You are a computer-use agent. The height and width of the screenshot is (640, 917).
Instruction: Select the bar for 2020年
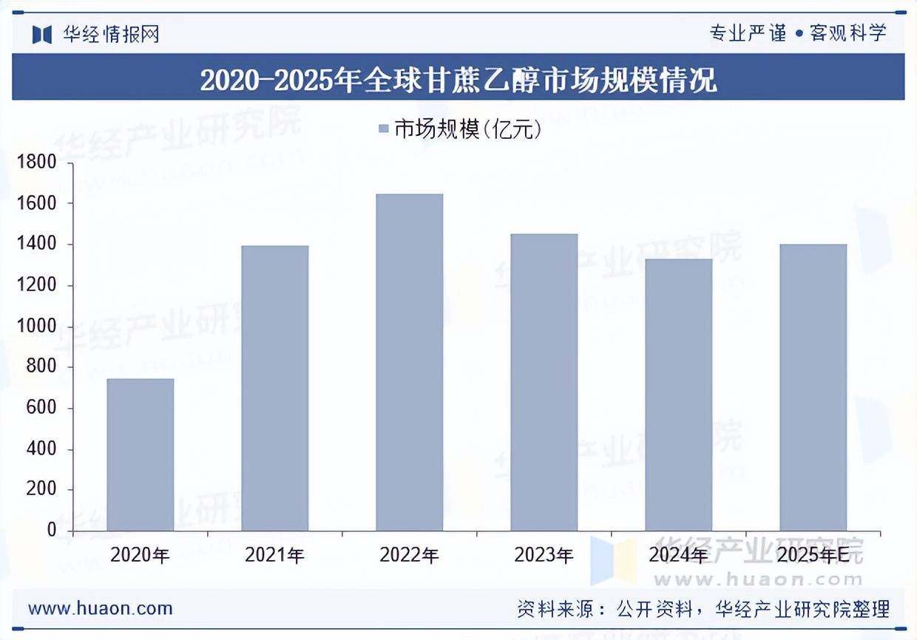click(x=141, y=455)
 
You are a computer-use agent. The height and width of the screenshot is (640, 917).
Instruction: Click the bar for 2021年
click(x=275, y=388)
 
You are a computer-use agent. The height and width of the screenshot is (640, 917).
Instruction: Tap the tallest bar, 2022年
click(x=410, y=362)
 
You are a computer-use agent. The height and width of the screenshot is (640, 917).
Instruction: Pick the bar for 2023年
click(x=544, y=382)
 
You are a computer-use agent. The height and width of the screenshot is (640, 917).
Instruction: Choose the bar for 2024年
click(x=679, y=395)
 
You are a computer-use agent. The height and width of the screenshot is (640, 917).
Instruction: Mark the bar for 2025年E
click(x=813, y=387)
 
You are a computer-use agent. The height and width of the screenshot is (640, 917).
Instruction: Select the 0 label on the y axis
click(x=52, y=531)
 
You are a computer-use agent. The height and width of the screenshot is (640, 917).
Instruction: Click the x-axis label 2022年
click(x=410, y=555)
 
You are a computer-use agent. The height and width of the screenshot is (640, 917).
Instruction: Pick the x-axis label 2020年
click(x=141, y=555)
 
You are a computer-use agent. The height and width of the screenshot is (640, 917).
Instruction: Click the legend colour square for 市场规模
click(x=383, y=129)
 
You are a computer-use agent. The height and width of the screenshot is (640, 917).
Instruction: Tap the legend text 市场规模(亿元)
click(x=467, y=129)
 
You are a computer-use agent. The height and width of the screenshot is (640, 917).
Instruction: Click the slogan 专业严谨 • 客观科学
click(x=797, y=33)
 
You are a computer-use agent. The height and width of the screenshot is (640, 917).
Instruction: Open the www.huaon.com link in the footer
click(x=101, y=608)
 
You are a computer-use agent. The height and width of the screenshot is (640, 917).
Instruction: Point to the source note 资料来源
click(x=703, y=609)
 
